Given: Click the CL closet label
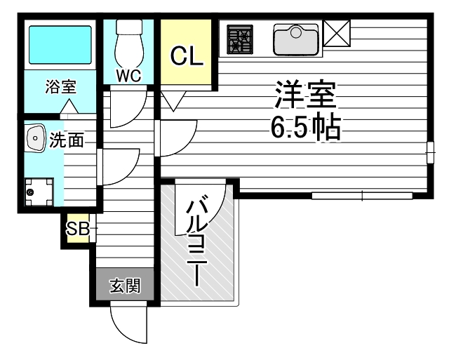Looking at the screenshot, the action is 187,56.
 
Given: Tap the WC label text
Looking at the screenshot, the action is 129,76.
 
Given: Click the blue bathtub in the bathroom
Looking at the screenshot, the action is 60,45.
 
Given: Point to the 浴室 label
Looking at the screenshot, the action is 61,86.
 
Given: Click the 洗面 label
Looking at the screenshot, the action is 67,140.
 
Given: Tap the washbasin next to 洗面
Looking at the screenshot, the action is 36,138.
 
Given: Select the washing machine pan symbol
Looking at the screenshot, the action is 39,192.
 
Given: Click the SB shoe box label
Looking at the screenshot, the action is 78,229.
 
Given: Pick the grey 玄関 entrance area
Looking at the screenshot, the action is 125,284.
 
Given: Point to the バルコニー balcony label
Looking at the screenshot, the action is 197,241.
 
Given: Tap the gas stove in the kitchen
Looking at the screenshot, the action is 240,39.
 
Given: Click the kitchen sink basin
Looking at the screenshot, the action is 296,39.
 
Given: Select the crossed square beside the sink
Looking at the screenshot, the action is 337,33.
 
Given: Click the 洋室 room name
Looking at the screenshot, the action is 306,95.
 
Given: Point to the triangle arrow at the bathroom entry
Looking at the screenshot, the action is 69,106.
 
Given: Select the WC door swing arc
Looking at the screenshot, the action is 137,116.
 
